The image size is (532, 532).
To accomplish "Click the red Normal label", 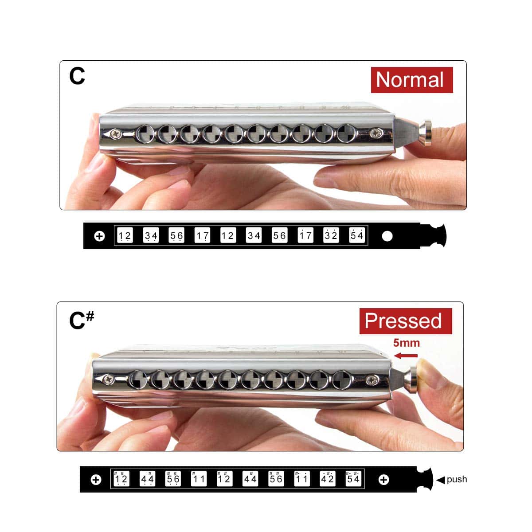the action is click(x=411, y=80).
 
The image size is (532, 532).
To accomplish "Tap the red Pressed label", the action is click(x=406, y=321).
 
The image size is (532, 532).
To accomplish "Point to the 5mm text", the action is click(x=407, y=343).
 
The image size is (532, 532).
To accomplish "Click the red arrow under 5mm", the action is click(x=406, y=356).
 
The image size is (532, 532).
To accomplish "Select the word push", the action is click(x=457, y=479).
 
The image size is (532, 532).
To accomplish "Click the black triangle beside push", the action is click(x=441, y=480).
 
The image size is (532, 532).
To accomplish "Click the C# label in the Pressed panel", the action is click(x=82, y=320).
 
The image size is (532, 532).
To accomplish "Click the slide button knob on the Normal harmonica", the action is click(x=426, y=133).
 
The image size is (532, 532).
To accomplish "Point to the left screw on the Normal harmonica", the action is click(x=115, y=134).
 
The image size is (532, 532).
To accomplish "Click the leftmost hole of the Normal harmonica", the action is click(x=145, y=134).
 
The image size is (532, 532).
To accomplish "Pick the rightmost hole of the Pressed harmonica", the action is click(x=342, y=380).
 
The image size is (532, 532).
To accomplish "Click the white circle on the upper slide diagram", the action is click(x=387, y=236).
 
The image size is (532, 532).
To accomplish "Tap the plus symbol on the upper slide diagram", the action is click(x=99, y=236).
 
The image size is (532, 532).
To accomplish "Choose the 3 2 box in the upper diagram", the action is click(x=331, y=235).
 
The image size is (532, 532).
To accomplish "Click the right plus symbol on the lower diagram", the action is click(x=384, y=480).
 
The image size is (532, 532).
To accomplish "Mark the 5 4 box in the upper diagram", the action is click(x=357, y=235).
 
